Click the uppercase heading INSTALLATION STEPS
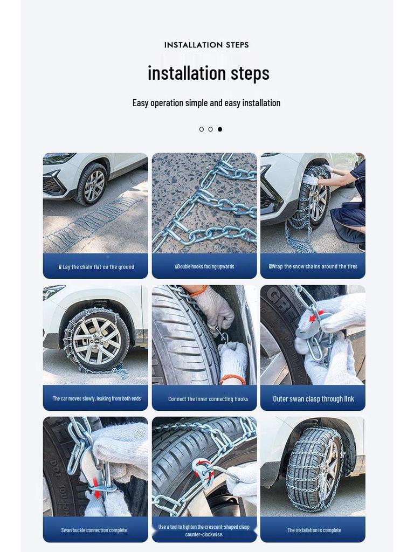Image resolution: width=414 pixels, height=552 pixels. [x=206, y=45]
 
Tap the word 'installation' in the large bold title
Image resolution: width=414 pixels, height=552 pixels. [x=187, y=73]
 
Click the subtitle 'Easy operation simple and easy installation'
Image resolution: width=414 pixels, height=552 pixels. [x=206, y=103]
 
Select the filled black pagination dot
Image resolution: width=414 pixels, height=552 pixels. [x=219, y=129]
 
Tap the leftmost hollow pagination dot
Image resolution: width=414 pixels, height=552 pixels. [x=202, y=129]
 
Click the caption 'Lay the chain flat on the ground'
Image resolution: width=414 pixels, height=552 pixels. [x=96, y=267]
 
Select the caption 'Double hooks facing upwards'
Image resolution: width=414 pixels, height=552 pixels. [x=204, y=266]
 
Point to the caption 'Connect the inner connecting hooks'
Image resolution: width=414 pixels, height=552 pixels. [x=208, y=399]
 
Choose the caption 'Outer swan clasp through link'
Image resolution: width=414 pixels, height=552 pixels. [x=313, y=399]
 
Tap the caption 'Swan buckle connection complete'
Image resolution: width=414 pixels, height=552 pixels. [x=94, y=530]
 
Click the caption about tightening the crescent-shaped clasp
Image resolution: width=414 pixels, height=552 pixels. [x=204, y=530]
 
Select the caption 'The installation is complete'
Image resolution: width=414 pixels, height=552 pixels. [x=314, y=530]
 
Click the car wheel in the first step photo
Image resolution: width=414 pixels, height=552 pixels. [x=92, y=184]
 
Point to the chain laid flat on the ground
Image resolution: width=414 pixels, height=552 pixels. [x=92, y=224]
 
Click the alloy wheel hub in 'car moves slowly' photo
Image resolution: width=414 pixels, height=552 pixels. [x=97, y=340]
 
